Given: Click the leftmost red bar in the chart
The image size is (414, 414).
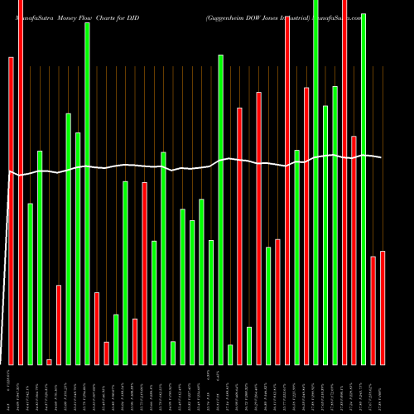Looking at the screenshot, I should [x=11, y=211].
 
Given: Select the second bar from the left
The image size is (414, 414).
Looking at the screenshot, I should [x=20, y=182].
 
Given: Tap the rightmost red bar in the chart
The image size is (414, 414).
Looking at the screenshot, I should [x=382, y=308].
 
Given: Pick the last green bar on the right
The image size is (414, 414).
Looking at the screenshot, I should [x=363, y=189].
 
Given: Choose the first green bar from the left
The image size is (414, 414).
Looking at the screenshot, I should [x=30, y=284].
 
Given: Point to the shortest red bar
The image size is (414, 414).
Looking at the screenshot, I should [x=49, y=362].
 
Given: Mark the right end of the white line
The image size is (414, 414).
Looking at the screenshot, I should [x=382, y=157].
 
